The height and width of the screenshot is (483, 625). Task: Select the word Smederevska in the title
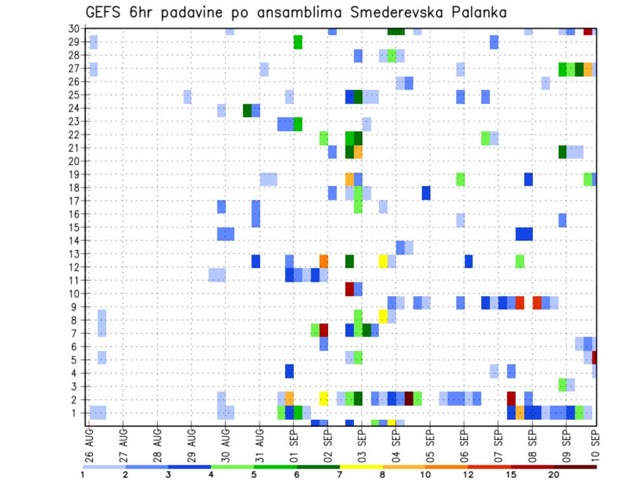(x=380, y=12)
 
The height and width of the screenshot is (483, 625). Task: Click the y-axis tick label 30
(x=75, y=29)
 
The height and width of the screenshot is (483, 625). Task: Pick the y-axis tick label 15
(x=75, y=227)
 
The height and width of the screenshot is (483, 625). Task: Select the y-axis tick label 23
(x=75, y=121)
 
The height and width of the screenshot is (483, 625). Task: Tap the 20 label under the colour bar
(x=554, y=475)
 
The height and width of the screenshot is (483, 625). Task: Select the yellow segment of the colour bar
(x=361, y=467)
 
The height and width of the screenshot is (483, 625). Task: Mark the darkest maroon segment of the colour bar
(x=576, y=467)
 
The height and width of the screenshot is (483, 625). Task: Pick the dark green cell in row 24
(x=247, y=110)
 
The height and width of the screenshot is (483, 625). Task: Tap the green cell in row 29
(x=298, y=42)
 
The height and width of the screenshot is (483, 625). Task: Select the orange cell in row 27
(x=588, y=69)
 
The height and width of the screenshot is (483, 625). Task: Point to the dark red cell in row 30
(x=588, y=31)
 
